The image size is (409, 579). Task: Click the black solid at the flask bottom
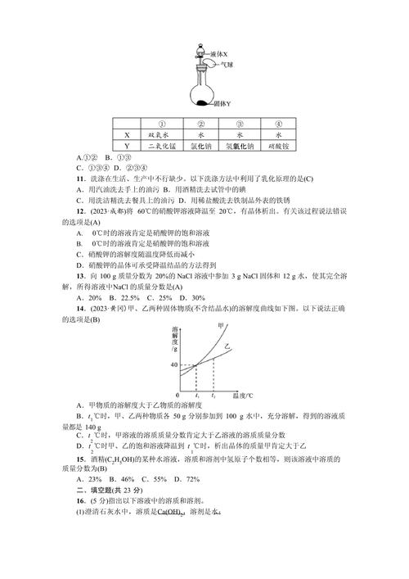[202, 102]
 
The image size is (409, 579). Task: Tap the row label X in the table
[127, 135]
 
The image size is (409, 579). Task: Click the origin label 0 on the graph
[178, 395]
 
